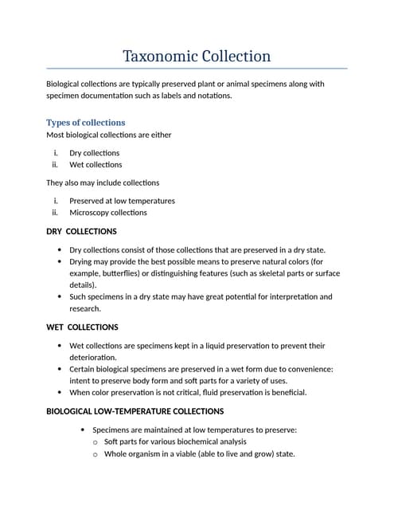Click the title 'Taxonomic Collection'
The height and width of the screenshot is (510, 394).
click(x=197, y=57)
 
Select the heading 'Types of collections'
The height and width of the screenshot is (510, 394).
click(x=86, y=123)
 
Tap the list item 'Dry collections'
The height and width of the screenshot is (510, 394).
click(x=94, y=153)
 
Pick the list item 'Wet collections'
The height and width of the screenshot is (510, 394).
click(x=96, y=165)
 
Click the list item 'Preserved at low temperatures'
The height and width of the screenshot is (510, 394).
click(x=122, y=201)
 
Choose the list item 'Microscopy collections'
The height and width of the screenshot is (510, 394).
click(x=107, y=213)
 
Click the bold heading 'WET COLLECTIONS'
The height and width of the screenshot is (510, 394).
click(x=82, y=328)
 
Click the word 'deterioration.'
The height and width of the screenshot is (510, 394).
click(x=93, y=358)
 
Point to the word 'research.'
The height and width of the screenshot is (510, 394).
click(x=85, y=308)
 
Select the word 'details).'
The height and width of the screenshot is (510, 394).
click(x=83, y=284)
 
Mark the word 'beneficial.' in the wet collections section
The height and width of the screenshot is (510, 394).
click(x=285, y=393)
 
